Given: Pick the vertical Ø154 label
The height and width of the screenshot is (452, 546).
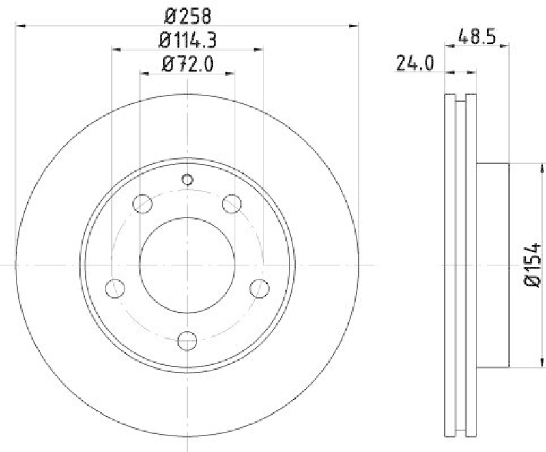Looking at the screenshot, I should (533, 264).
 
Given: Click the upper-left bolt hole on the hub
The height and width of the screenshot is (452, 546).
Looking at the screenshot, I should (143, 203).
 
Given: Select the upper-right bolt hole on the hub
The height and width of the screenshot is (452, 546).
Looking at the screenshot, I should (232, 203).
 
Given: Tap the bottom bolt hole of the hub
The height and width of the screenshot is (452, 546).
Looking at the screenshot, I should (187, 340).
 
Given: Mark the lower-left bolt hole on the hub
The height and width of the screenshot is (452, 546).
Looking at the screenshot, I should (115, 288).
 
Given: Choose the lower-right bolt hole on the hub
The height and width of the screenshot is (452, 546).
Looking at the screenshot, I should (259, 288).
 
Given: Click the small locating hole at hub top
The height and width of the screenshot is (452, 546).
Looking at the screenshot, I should (188, 179).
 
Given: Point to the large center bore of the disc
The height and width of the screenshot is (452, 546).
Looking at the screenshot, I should (187, 264).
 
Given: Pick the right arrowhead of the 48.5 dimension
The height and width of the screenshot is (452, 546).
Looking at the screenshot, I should (506, 46).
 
